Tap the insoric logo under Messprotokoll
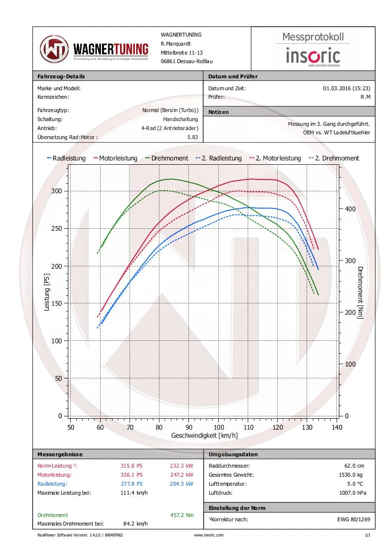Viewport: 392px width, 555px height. click(313, 56)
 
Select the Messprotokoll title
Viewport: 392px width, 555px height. click(313, 37)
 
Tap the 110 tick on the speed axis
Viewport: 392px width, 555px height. click(248, 427)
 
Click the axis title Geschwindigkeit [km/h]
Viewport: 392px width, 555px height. click(204, 435)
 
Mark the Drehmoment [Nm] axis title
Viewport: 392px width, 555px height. click(360, 292)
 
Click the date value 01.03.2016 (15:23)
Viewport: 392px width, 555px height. click(346, 88)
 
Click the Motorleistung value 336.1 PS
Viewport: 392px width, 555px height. click(131, 475)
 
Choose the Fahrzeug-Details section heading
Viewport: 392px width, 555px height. click(61, 76)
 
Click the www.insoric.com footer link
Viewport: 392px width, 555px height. click(209, 535)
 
